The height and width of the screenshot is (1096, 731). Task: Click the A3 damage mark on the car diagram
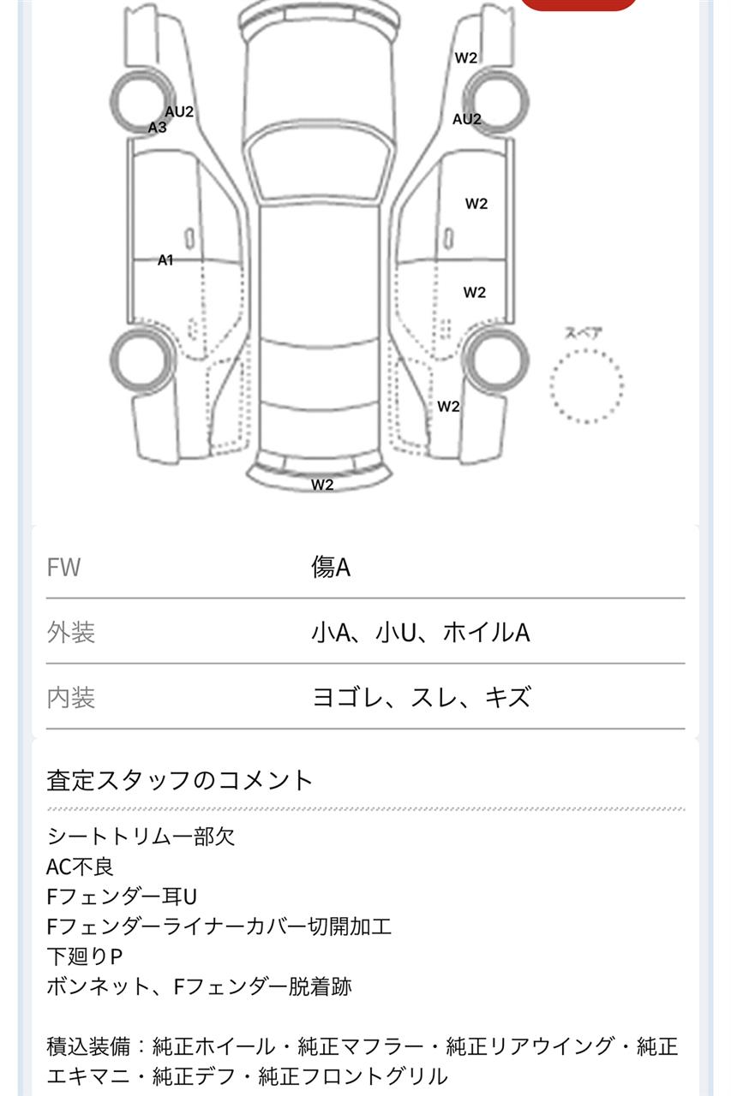[157, 128]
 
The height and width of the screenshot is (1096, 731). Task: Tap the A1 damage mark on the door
[165, 259]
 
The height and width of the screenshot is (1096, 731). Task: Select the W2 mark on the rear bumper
[322, 485]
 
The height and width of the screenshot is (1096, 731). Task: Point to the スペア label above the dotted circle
[583, 333]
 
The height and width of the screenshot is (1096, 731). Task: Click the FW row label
[63, 567]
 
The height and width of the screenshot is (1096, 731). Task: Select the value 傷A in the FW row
[331, 567]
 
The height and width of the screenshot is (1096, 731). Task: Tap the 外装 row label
[70, 632]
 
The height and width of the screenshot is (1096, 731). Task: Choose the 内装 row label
[70, 697]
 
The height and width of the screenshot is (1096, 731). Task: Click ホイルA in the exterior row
[486, 632]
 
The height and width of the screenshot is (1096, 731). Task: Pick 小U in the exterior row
[396, 632]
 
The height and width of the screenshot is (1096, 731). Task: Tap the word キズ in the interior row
[507, 697]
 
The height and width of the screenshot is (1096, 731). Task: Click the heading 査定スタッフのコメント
[180, 780]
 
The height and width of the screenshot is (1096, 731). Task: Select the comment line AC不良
[80, 867]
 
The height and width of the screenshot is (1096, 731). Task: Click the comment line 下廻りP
[84, 956]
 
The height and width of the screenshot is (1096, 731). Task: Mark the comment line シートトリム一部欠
[141, 837]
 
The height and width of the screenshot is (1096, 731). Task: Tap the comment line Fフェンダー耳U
[122, 897]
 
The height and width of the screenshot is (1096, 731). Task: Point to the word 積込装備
[88, 1046]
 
